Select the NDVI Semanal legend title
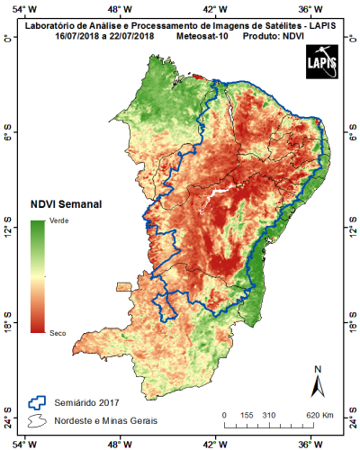tap(66, 203)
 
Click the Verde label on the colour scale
tap(58, 220)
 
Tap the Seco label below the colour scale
tap(57, 332)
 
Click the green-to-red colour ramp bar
tap(37, 276)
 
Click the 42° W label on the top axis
tap(214, 8)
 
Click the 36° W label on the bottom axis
tap(307, 443)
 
